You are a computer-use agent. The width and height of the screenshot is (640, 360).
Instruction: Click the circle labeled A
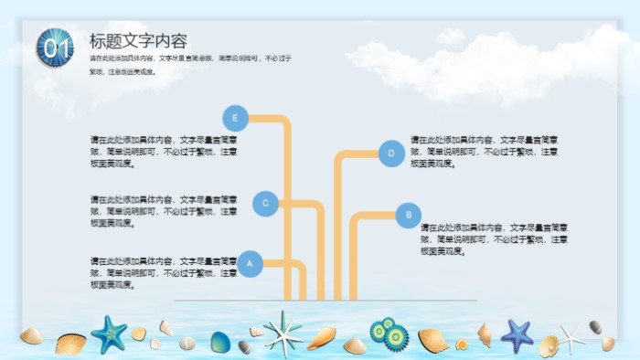(x=251, y=264)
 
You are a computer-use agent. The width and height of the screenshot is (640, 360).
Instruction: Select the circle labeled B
(x=408, y=216)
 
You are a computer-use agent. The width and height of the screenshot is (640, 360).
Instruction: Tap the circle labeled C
(x=265, y=204)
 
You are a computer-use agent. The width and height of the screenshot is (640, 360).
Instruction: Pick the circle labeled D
(x=391, y=154)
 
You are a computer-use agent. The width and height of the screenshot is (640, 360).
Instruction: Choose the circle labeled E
(x=236, y=118)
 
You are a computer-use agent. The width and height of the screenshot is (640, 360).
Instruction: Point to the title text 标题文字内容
(x=138, y=41)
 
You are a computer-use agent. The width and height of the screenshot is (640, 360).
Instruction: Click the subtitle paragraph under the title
(x=190, y=64)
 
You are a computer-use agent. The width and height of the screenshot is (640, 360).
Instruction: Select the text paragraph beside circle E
(x=164, y=152)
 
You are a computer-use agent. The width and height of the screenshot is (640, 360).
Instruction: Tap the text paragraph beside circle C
(x=164, y=210)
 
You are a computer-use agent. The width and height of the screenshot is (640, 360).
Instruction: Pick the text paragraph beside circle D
(x=484, y=152)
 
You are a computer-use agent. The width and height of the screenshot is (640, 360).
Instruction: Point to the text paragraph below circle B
(x=495, y=238)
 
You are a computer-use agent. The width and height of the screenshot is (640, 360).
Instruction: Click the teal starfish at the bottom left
(x=110, y=334)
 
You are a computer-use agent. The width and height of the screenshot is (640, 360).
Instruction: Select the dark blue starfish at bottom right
(x=517, y=334)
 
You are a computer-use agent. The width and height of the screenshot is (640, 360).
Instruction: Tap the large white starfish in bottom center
(x=283, y=332)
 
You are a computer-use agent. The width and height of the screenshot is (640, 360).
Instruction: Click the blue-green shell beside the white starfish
(x=220, y=343)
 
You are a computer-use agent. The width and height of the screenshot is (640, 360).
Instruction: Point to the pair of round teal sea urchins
(x=389, y=334)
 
